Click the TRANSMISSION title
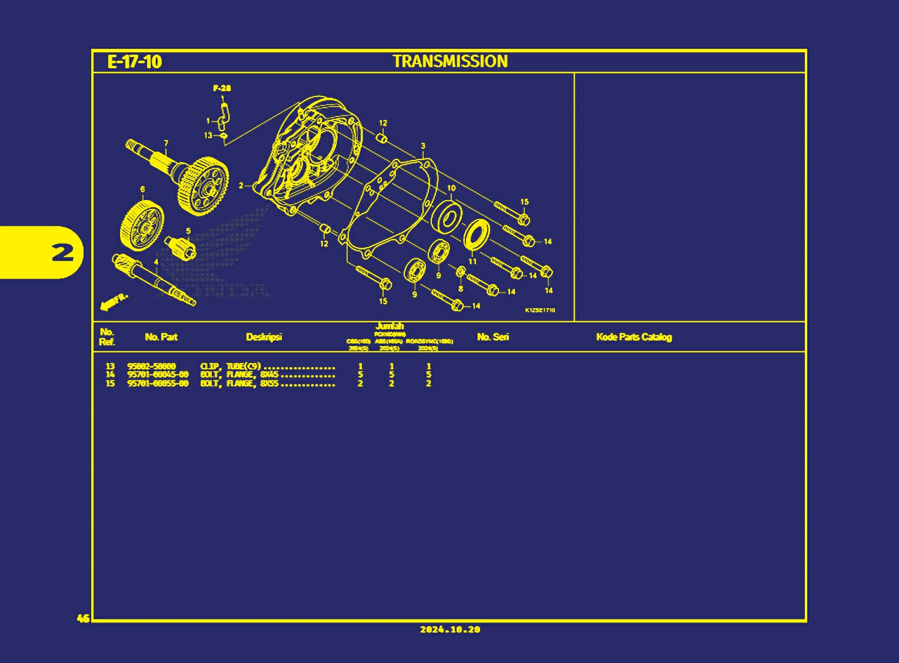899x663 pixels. [x=450, y=61]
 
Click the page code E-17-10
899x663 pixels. [x=134, y=62]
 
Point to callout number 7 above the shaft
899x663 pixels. [x=166, y=143]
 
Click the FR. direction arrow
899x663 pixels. [x=114, y=301]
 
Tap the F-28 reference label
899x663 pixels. [x=222, y=88]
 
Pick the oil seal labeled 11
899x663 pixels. [x=476, y=235]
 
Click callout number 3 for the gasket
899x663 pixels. [x=422, y=146]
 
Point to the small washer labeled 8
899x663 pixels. [x=461, y=272]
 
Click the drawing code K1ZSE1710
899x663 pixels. [x=540, y=310]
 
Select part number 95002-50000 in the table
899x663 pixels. [x=151, y=366]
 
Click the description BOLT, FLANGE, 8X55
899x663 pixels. [x=239, y=384]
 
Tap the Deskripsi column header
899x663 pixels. [x=264, y=337]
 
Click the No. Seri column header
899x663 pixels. [x=492, y=337]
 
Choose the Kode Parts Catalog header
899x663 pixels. [x=634, y=337]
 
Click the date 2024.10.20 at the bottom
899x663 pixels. [x=450, y=629]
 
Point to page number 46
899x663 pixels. [x=83, y=618]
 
